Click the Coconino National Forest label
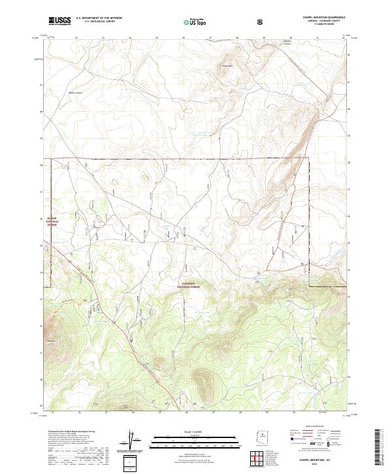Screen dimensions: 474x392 click(x=190, y=286)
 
